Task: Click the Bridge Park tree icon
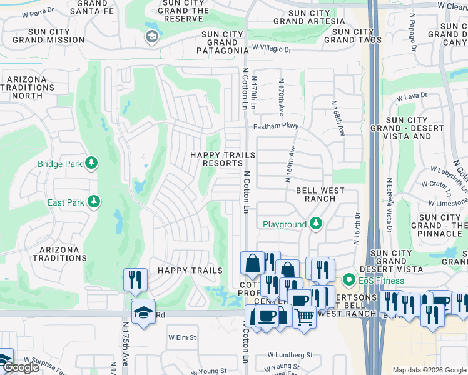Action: point(92,164)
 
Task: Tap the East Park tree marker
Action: point(93,202)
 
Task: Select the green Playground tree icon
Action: point(316,224)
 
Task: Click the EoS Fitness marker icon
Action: point(348,281)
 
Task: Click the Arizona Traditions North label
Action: point(31,87)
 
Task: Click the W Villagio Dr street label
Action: point(277,47)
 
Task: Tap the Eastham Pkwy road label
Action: point(276,126)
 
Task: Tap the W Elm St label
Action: point(182,337)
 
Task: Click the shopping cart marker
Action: point(304,316)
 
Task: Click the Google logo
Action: point(22,367)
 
